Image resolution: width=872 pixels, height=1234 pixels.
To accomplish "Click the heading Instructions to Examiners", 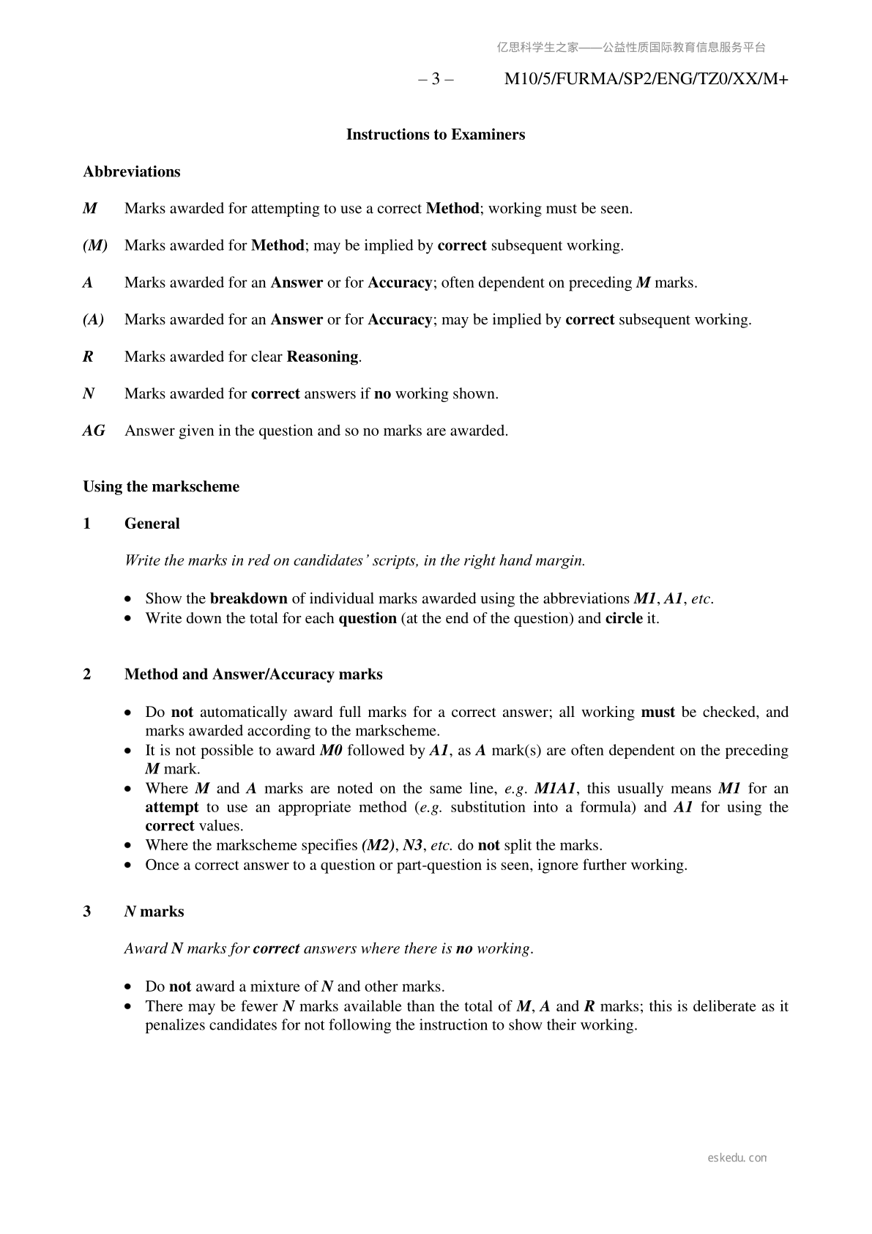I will click(x=435, y=135).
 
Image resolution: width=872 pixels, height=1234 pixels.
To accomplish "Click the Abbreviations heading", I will click(x=131, y=172).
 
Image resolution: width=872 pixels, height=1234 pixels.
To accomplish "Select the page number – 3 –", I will click(x=436, y=79).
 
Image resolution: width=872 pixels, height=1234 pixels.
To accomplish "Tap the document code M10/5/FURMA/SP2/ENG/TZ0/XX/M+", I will click(x=646, y=79).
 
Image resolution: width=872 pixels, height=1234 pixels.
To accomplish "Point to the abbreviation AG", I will click(x=94, y=431).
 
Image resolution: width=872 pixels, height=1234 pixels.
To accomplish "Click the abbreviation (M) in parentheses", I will click(x=95, y=245).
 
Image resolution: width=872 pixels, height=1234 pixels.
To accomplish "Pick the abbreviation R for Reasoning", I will click(x=88, y=357).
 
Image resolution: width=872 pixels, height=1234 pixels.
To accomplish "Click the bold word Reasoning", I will click(x=322, y=357).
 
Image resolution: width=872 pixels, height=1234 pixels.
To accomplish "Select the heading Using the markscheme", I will click(x=161, y=487).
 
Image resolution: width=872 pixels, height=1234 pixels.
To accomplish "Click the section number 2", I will click(x=87, y=674).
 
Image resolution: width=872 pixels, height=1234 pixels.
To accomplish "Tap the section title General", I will click(x=152, y=524).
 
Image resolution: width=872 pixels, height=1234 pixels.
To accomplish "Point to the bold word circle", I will click(x=624, y=618).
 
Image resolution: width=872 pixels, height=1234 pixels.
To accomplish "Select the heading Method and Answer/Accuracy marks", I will click(x=253, y=674).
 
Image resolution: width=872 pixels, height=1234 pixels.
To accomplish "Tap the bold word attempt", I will click(x=171, y=807).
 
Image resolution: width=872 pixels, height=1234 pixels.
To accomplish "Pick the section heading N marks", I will click(x=154, y=912).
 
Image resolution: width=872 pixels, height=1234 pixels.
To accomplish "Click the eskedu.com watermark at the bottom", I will click(x=737, y=1158).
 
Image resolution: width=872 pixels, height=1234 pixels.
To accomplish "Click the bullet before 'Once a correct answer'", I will click(x=129, y=866).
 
